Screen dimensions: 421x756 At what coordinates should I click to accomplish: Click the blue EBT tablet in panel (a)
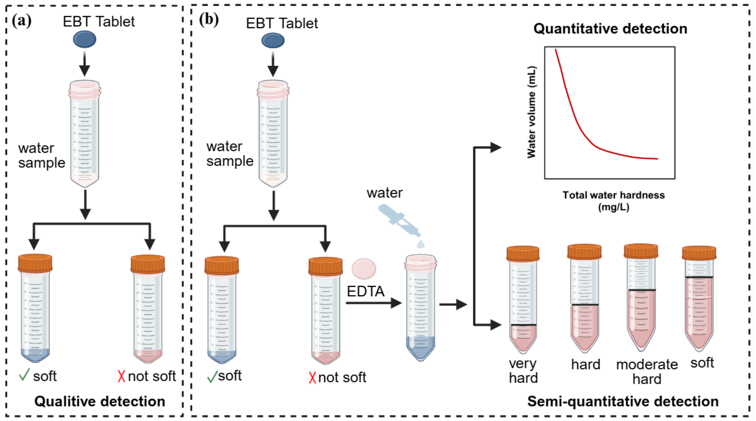click(x=85, y=39)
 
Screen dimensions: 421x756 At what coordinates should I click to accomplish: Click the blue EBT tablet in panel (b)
click(x=273, y=40)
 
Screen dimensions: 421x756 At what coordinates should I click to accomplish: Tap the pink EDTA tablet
click(x=364, y=268)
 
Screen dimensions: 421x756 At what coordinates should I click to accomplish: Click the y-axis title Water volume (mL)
click(x=532, y=112)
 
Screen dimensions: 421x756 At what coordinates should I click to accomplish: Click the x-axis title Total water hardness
click(x=613, y=195)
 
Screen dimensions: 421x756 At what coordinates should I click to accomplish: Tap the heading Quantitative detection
click(x=610, y=29)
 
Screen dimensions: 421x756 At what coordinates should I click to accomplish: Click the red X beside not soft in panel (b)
click(x=312, y=378)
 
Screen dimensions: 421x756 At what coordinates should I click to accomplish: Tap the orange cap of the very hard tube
click(x=523, y=254)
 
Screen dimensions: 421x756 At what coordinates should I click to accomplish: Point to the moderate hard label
click(x=647, y=371)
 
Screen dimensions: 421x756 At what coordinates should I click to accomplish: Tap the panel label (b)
click(x=209, y=20)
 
